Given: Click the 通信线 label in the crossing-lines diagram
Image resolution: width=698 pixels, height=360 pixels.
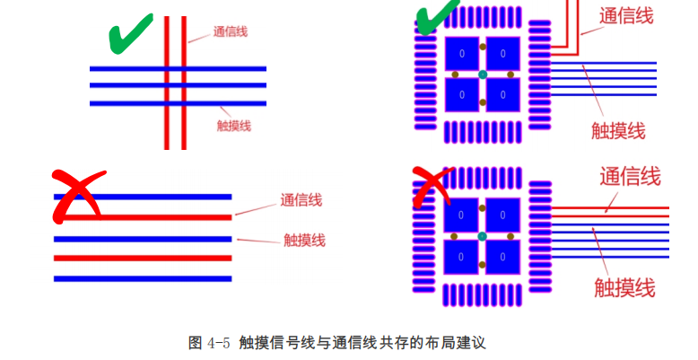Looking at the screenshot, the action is click(231, 32).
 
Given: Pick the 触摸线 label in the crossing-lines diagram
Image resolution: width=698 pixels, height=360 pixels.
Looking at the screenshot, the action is click(234, 126).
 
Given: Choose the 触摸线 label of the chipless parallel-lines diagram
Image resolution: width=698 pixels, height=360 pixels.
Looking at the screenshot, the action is click(304, 240).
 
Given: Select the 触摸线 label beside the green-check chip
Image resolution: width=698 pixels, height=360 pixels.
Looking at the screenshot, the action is click(618, 130).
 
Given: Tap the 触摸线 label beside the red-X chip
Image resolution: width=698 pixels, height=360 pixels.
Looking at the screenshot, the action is click(624, 287).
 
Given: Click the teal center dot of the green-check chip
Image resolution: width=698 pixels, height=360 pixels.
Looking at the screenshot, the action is click(483, 74).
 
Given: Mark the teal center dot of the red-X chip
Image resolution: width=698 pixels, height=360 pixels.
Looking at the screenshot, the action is click(483, 236).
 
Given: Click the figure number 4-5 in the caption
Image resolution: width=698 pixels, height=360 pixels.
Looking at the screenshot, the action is click(219, 343).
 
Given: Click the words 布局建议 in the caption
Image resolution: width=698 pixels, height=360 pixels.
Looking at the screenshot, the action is click(454, 343).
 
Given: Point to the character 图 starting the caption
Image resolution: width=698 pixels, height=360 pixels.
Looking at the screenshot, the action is click(196, 343).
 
